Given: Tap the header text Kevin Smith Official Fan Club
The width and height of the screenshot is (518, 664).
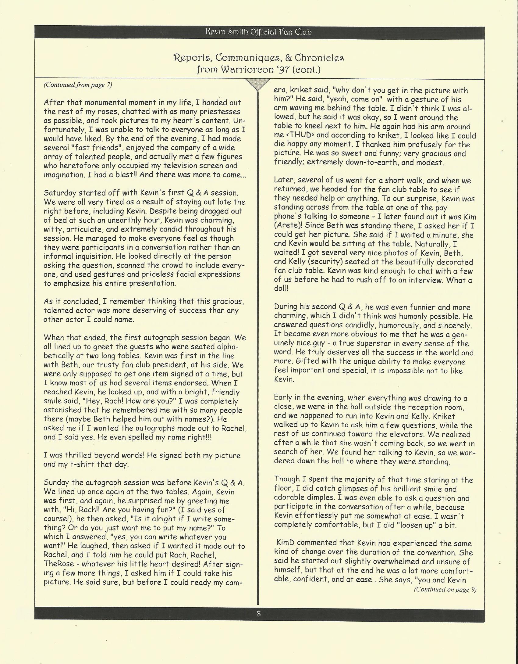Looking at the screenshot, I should tap(259, 32).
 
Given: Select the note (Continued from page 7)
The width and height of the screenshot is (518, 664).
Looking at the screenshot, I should tap(78, 85).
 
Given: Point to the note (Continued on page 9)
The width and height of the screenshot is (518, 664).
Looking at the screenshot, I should tap(445, 589).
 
